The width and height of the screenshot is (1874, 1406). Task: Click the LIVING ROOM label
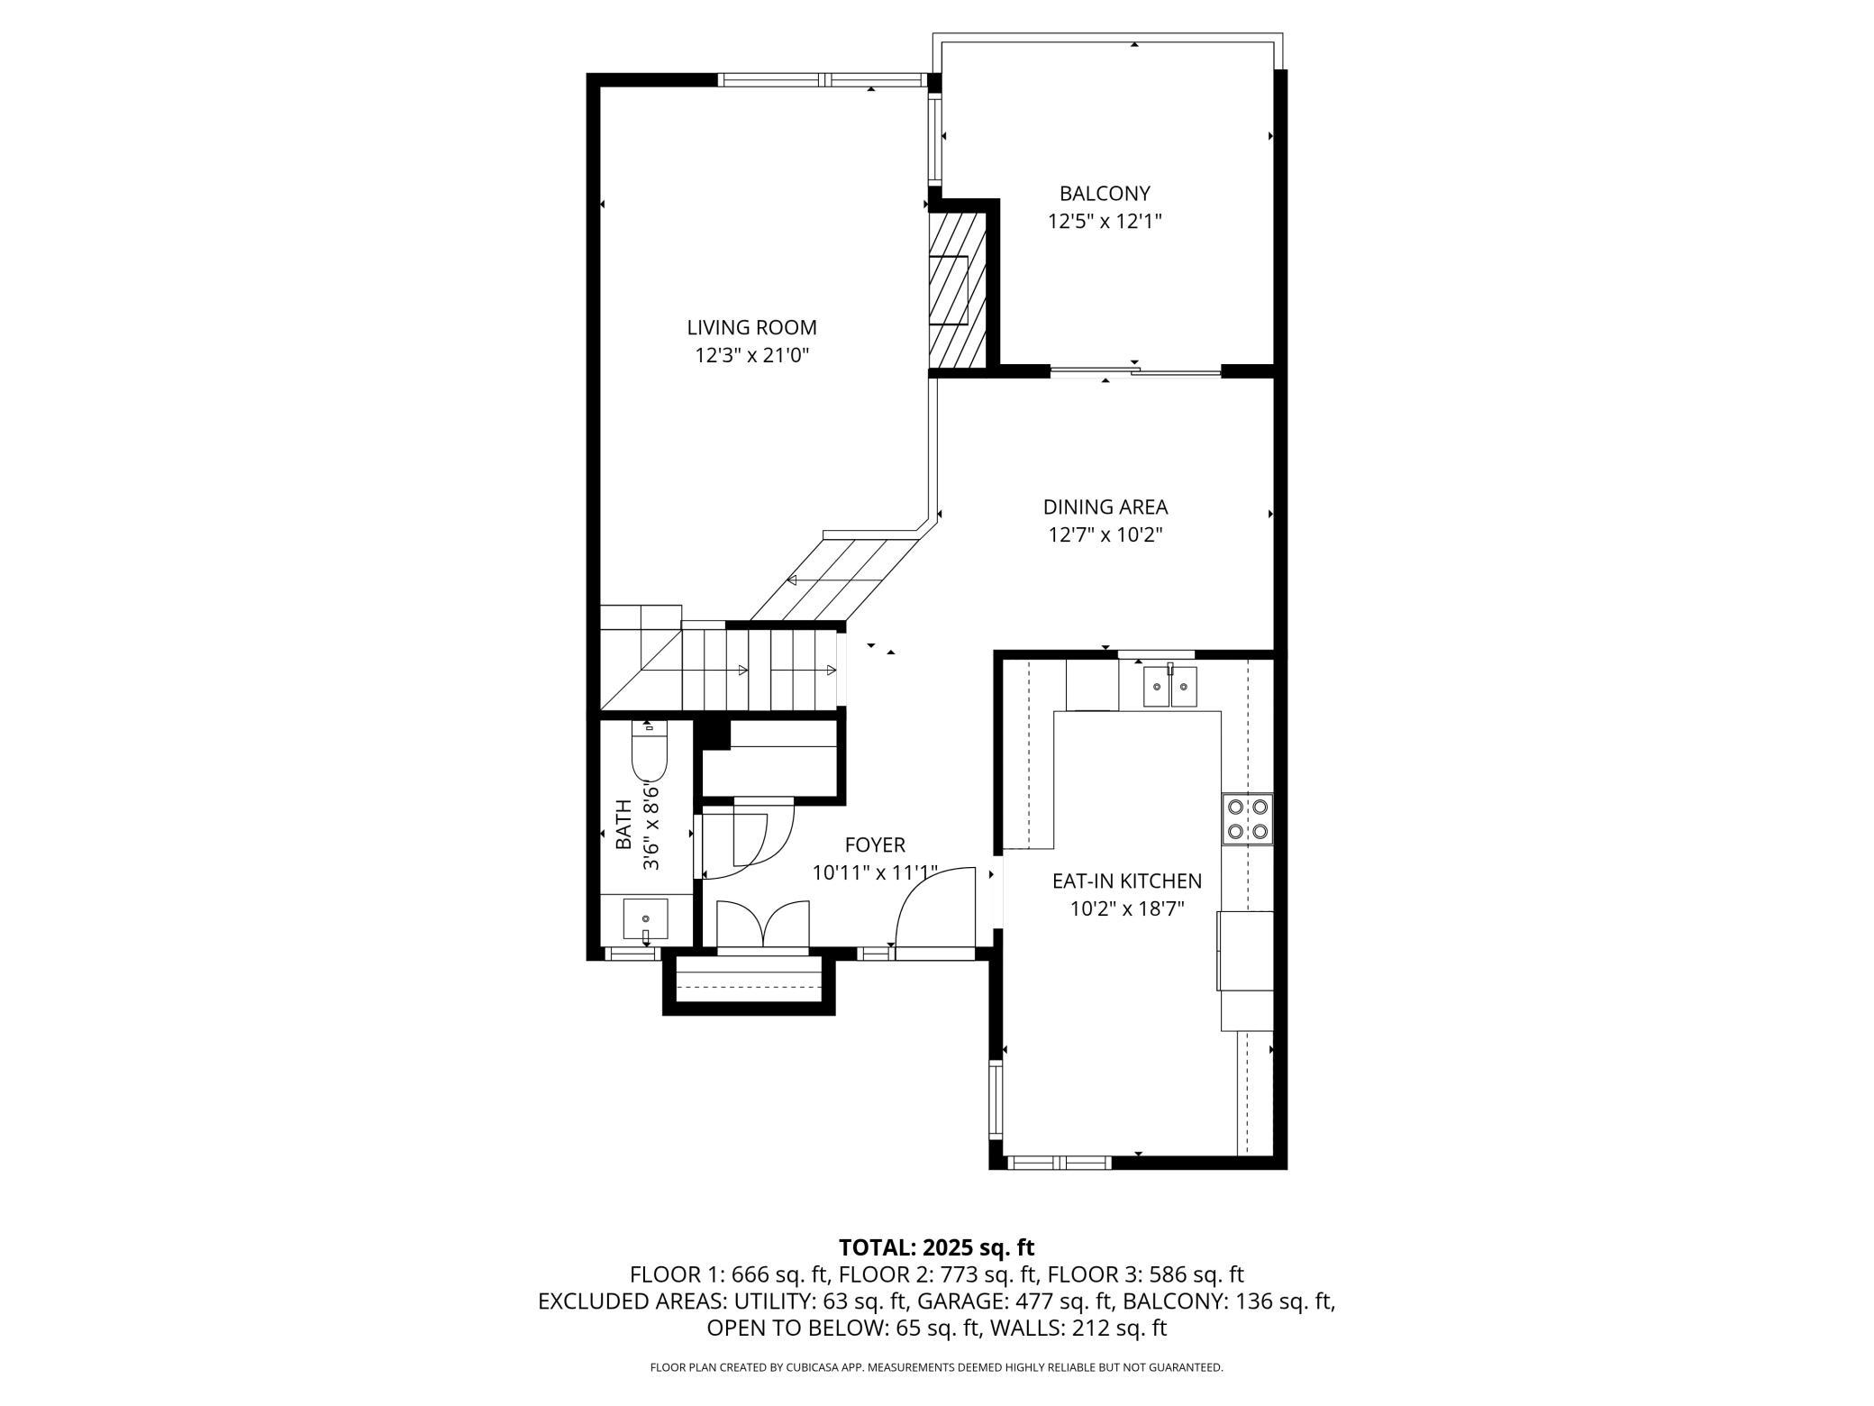point(751,328)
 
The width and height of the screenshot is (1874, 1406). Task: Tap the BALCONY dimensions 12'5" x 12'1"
point(1105,222)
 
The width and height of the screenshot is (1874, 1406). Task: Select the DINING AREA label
point(1105,507)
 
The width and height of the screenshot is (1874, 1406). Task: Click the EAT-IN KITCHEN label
point(1126,881)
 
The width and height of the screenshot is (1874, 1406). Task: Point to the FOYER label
point(874,845)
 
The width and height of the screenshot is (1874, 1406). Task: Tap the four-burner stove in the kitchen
point(1247,819)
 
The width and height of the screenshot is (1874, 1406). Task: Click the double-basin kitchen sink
point(1169,688)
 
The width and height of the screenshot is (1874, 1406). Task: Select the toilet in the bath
point(649,753)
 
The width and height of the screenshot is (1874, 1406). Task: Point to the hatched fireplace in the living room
point(957,290)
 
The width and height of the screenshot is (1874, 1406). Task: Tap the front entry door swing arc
point(935,907)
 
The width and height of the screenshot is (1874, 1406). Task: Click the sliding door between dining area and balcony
point(1135,370)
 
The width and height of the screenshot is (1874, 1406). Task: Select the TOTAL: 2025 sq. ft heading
point(936,1247)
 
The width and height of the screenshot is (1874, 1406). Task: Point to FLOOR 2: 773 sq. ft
point(936,1274)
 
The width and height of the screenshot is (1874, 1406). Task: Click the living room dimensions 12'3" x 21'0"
point(751,356)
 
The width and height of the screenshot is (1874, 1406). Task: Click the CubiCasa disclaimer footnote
point(936,1367)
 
